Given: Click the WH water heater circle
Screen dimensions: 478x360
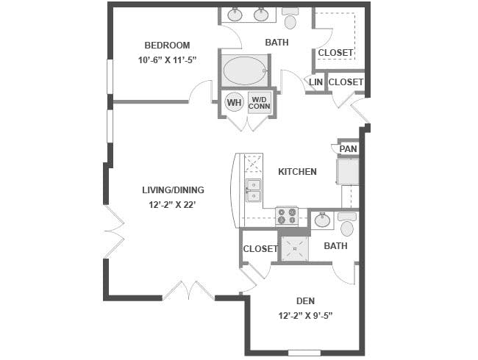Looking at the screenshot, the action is coord(234,102).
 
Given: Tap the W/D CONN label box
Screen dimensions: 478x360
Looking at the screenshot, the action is coord(260,103).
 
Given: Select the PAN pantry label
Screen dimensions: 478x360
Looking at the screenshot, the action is coord(348,149).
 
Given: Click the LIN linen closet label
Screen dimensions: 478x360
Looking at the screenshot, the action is coord(315,82).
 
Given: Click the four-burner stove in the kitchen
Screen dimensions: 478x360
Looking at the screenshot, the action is coord(287,216).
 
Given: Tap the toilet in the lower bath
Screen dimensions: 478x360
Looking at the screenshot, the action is coord(347,225).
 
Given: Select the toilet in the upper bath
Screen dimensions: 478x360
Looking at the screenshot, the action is coord(290,18).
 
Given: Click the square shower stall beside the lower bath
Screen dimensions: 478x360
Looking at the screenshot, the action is coord(294,248).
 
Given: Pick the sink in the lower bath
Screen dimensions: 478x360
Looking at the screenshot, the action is coord(322,220).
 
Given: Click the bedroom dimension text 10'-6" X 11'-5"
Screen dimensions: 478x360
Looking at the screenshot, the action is coord(166,60).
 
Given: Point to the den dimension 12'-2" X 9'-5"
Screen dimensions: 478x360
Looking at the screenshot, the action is coord(305,315).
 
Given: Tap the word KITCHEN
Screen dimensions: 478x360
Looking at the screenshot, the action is coord(297,172).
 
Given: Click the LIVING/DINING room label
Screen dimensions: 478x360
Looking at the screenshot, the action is coord(173,190).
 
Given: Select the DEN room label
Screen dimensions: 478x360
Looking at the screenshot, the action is coord(305,301).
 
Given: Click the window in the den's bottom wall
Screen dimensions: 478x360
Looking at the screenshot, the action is coord(304,353).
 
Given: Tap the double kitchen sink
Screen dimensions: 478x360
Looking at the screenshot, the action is coord(254,190).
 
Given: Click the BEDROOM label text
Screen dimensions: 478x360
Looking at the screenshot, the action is coord(167,46).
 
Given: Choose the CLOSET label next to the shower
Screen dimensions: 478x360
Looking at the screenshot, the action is coord(260,249).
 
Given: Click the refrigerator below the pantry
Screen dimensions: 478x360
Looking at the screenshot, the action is coord(348,171).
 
